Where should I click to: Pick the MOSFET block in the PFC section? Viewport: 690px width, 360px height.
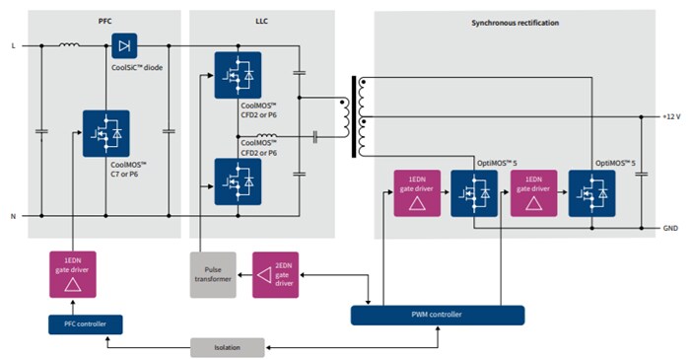click(105, 133)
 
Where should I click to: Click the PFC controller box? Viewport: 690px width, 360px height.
click(85, 324)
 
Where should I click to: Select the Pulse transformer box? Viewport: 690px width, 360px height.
click(213, 273)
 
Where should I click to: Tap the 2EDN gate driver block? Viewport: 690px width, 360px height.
click(276, 273)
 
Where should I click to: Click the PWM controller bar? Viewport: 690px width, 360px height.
click(438, 315)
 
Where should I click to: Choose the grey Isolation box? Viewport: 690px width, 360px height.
click(227, 347)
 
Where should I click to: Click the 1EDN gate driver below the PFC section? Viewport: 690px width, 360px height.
click(72, 273)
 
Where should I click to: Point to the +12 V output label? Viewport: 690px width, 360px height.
click(670, 116)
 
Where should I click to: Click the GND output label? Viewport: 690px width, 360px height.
click(670, 228)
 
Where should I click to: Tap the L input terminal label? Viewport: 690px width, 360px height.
click(13, 45)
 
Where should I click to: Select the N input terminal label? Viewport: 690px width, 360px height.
click(13, 215)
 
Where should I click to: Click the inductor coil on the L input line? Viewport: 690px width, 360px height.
click(71, 43)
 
